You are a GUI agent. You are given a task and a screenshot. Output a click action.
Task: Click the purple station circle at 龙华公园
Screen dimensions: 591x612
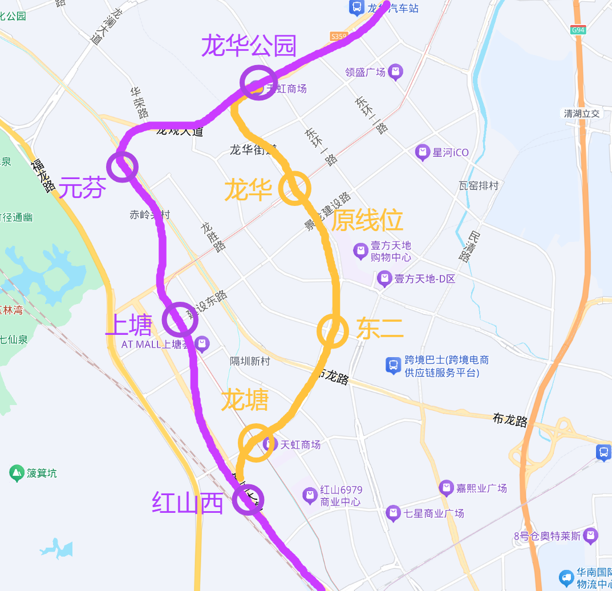point(258,83)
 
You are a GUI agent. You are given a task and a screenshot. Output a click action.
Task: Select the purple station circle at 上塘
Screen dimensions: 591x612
point(180,320)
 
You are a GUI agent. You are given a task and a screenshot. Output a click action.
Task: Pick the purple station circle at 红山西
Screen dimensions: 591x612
point(249,499)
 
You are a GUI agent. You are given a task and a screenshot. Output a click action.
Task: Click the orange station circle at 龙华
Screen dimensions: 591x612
point(295,188)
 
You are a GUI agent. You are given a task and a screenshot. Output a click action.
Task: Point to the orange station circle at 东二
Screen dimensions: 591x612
point(333,331)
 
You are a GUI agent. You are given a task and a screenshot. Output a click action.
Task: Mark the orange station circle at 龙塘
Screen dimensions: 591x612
point(256,442)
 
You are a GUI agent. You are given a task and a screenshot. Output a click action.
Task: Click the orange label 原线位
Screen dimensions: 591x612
point(367,220)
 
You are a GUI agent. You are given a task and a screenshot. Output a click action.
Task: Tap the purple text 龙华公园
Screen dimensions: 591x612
point(249,46)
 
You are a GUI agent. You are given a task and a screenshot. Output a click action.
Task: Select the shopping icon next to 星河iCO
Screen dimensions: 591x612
point(422,153)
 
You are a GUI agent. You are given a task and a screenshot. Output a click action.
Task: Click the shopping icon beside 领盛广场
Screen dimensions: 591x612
point(395,72)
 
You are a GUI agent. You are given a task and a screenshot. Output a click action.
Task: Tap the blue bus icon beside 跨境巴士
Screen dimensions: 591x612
point(394,365)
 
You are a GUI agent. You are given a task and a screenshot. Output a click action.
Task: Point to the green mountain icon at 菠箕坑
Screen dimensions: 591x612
point(17,473)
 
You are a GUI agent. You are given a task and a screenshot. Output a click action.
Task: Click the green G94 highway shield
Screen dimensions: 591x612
point(578,30)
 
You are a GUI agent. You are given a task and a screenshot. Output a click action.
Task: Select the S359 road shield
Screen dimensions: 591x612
point(338,37)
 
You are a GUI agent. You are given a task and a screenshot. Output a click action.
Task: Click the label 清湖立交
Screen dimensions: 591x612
point(582,114)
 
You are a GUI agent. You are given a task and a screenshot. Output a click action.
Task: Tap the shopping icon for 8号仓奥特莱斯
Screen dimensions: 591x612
point(591,536)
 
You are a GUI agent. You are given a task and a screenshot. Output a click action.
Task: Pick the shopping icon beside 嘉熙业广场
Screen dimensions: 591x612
point(446,488)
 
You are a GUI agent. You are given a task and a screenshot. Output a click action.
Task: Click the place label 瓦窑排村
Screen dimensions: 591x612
point(479,185)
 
